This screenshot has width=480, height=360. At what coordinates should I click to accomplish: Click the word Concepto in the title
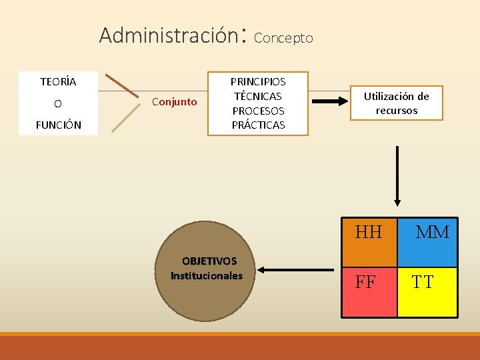283,38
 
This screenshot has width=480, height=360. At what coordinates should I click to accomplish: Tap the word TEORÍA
58,82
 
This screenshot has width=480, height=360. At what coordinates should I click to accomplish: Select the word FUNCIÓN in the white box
58,125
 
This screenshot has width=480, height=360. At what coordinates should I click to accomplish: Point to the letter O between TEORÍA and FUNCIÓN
58,103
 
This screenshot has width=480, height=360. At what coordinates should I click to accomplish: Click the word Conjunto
175,102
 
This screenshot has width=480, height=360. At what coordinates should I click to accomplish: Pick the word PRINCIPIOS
258,81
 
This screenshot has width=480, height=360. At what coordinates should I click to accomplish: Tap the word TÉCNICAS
258,96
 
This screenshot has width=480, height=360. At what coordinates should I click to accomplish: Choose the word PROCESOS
258,111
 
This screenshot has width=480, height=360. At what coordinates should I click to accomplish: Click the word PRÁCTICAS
258,125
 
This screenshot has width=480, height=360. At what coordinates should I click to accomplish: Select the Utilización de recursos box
396,103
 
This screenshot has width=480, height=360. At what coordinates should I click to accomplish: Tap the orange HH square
369,241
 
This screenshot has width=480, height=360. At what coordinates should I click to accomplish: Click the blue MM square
427,241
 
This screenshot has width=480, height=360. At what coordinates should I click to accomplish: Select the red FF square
369,292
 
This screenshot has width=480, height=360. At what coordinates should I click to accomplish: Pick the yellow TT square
427,292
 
